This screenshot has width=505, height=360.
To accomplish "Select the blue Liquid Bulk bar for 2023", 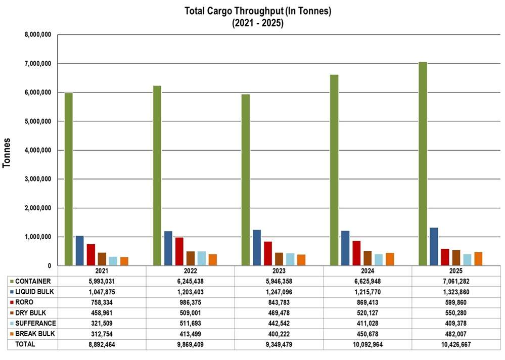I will point(257,248).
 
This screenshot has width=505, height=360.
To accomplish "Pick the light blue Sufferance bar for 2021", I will point(113,261).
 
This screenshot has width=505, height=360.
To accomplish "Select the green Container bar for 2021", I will point(68,179).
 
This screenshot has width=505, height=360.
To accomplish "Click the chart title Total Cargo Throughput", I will point(258,12).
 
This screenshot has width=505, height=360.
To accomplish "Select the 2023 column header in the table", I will point(279,271).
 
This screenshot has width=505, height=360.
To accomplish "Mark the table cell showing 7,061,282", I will point(455,281).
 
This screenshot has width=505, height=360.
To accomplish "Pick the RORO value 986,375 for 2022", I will point(190,302).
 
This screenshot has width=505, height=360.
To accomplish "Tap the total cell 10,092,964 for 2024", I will point(367,344).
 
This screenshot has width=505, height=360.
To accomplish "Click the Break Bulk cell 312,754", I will point(102,334).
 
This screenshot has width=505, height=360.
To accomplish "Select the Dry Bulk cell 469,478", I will point(279,312).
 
